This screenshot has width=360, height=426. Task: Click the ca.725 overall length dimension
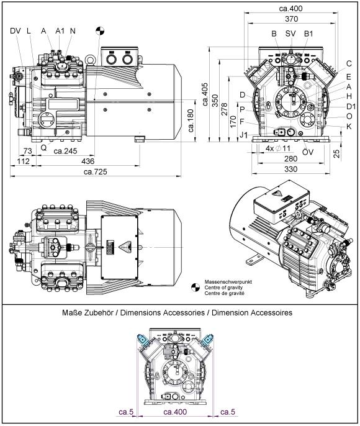[96, 172]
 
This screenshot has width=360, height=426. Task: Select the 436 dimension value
[88, 161]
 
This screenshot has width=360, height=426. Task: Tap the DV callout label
[16, 30]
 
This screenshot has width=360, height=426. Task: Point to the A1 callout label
[60, 30]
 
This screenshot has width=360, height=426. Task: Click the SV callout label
[290, 34]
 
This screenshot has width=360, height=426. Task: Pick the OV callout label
[308, 152]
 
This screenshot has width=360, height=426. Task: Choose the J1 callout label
[244, 135]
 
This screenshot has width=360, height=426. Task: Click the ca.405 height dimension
[205, 94]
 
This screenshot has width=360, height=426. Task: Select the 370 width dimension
[292, 19]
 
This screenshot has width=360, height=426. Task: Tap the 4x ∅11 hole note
[277, 148]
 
